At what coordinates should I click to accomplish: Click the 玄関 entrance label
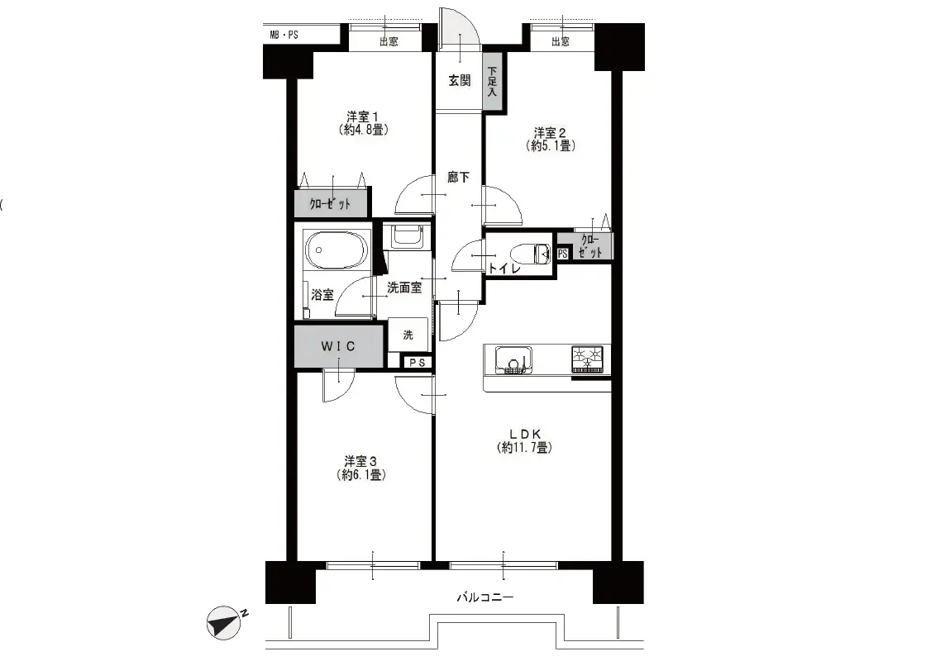pos(459,80)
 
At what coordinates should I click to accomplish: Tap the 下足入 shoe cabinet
pos(493,82)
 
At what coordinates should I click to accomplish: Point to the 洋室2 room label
pos(550,132)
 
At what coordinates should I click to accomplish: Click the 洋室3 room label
pos(360,460)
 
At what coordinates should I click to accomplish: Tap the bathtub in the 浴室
pos(335,250)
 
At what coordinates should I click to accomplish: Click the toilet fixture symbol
pos(532,254)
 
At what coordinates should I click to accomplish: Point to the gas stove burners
pos(587,359)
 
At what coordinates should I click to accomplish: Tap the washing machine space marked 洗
pos(408,335)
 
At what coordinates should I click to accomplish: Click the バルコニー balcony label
pos(484,597)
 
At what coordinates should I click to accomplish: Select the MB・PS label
pos(284,36)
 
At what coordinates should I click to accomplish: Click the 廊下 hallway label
pos(458,177)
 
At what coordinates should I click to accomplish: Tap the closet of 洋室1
pos(331,203)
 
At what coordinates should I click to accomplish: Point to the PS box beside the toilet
pos(562,254)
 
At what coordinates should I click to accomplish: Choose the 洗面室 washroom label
pos(404,288)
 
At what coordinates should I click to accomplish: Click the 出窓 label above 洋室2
pos(561,41)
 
